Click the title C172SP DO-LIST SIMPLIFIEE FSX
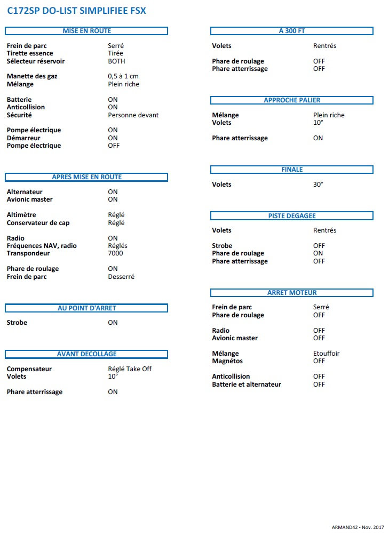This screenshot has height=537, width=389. click(76, 10)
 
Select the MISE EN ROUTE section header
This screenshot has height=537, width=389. click(86, 31)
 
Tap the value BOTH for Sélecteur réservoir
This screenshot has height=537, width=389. click(116, 61)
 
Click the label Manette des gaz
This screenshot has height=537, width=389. click(32, 76)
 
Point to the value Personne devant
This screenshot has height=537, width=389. click(133, 115)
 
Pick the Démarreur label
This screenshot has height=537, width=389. click(23, 138)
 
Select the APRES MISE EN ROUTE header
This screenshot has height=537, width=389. click(86, 177)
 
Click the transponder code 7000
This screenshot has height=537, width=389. click(115, 253)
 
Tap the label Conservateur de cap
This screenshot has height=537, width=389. click(38, 223)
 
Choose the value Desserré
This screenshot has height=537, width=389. click(121, 277)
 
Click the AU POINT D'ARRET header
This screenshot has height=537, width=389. click(86, 308)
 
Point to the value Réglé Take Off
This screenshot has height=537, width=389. click(130, 369)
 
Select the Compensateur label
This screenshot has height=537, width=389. click(29, 369)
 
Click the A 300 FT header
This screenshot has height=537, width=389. click(292, 31)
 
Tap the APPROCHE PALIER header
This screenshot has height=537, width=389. click(292, 100)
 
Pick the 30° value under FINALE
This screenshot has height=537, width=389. click(318, 185)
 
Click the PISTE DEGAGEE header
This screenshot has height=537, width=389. click(292, 216)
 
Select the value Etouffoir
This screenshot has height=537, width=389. click(326, 354)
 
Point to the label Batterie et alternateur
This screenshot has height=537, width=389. click(247, 384)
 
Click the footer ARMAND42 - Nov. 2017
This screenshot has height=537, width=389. click(358, 527)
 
